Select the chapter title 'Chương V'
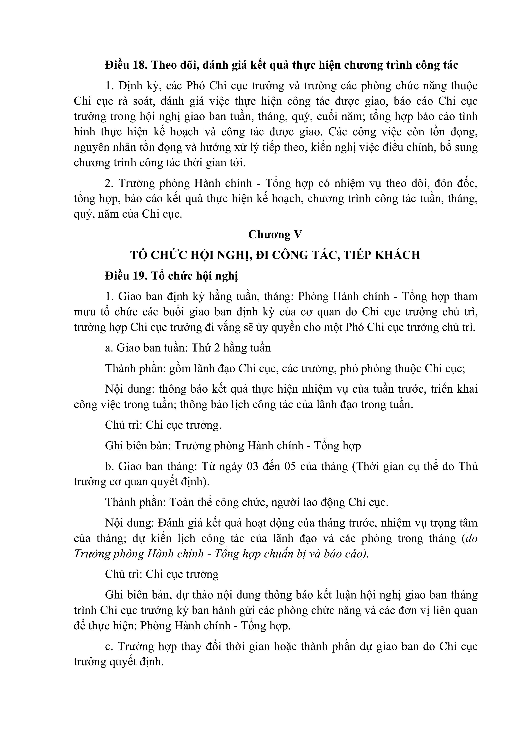[275, 235]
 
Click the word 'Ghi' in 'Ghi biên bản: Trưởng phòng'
[113, 446]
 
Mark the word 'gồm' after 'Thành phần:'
[180, 369]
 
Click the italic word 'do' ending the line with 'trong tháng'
[471, 538]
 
